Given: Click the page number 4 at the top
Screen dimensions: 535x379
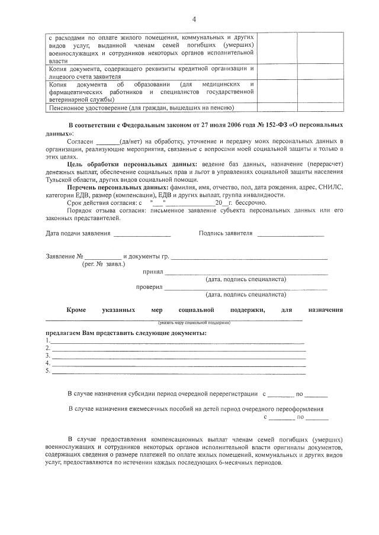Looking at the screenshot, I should (194, 20).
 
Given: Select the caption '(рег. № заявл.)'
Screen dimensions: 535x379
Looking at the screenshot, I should (104, 265).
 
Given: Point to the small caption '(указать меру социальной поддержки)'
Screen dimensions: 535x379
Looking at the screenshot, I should (194, 322).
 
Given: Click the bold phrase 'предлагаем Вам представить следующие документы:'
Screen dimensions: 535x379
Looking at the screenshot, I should (122, 333).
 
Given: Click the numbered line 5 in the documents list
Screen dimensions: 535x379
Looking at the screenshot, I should (178, 373).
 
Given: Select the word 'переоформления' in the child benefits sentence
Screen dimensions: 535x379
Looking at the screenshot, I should (298, 409).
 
